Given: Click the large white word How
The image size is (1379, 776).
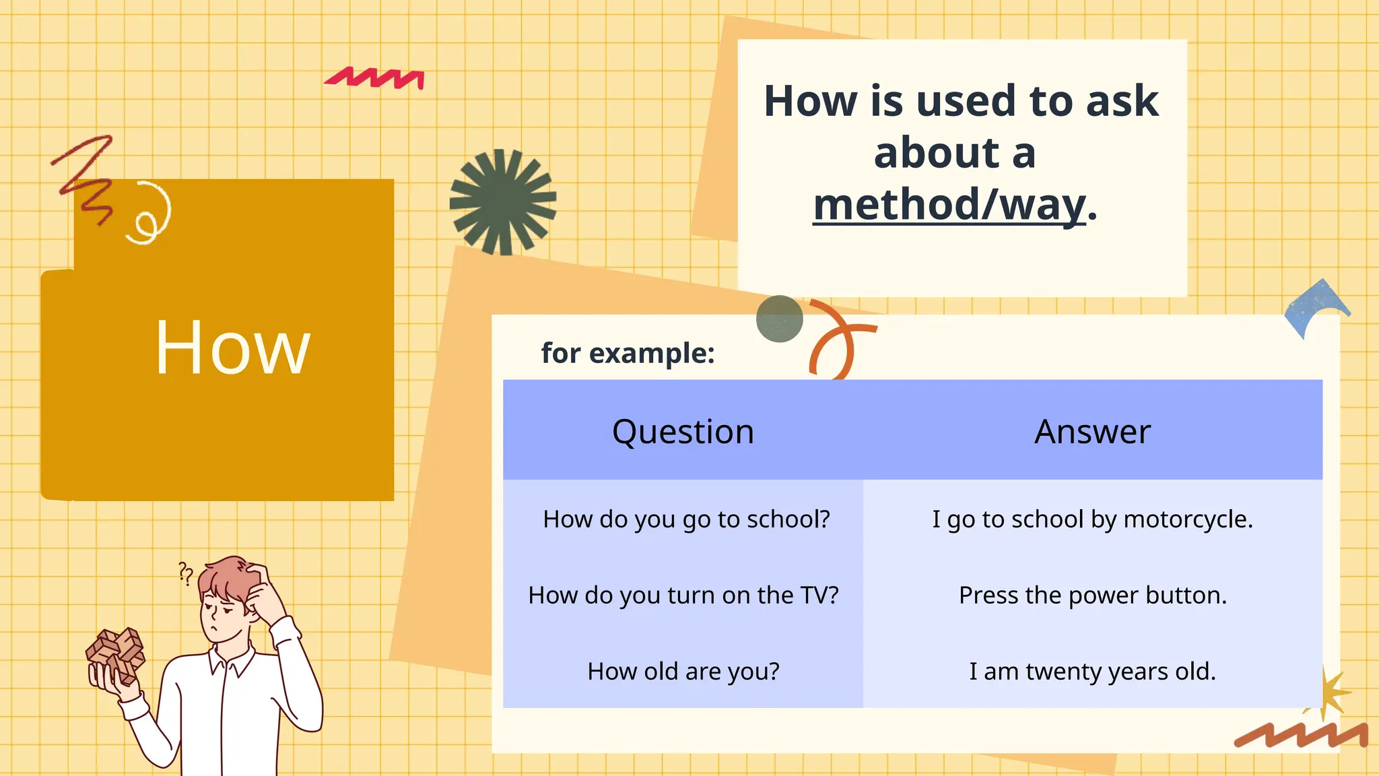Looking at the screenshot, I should (232, 348).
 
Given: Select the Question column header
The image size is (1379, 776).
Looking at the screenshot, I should (683, 431).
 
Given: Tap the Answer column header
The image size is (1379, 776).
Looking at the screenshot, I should (1092, 431).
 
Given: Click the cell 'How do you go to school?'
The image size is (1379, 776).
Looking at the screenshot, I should (686, 519).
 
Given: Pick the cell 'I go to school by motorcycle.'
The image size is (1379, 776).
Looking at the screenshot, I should (1092, 519).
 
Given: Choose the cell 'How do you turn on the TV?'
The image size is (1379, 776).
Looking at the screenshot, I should (683, 595).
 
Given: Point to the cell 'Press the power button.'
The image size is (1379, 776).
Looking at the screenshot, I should (1092, 595).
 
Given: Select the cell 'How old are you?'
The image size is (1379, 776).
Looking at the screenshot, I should (683, 672).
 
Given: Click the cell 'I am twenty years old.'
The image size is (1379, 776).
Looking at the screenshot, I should (1092, 672).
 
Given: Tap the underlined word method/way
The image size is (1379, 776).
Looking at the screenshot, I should (949, 205).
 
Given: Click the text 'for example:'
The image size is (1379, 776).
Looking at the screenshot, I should (628, 353).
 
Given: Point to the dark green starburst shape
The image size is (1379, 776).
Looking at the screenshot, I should (502, 201).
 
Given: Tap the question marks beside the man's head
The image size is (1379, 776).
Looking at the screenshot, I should (186, 573).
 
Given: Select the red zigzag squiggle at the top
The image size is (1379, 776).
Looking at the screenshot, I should (375, 78).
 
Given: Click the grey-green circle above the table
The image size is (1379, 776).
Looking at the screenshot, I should (779, 319).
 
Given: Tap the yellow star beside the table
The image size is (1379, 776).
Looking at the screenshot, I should (1326, 692).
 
